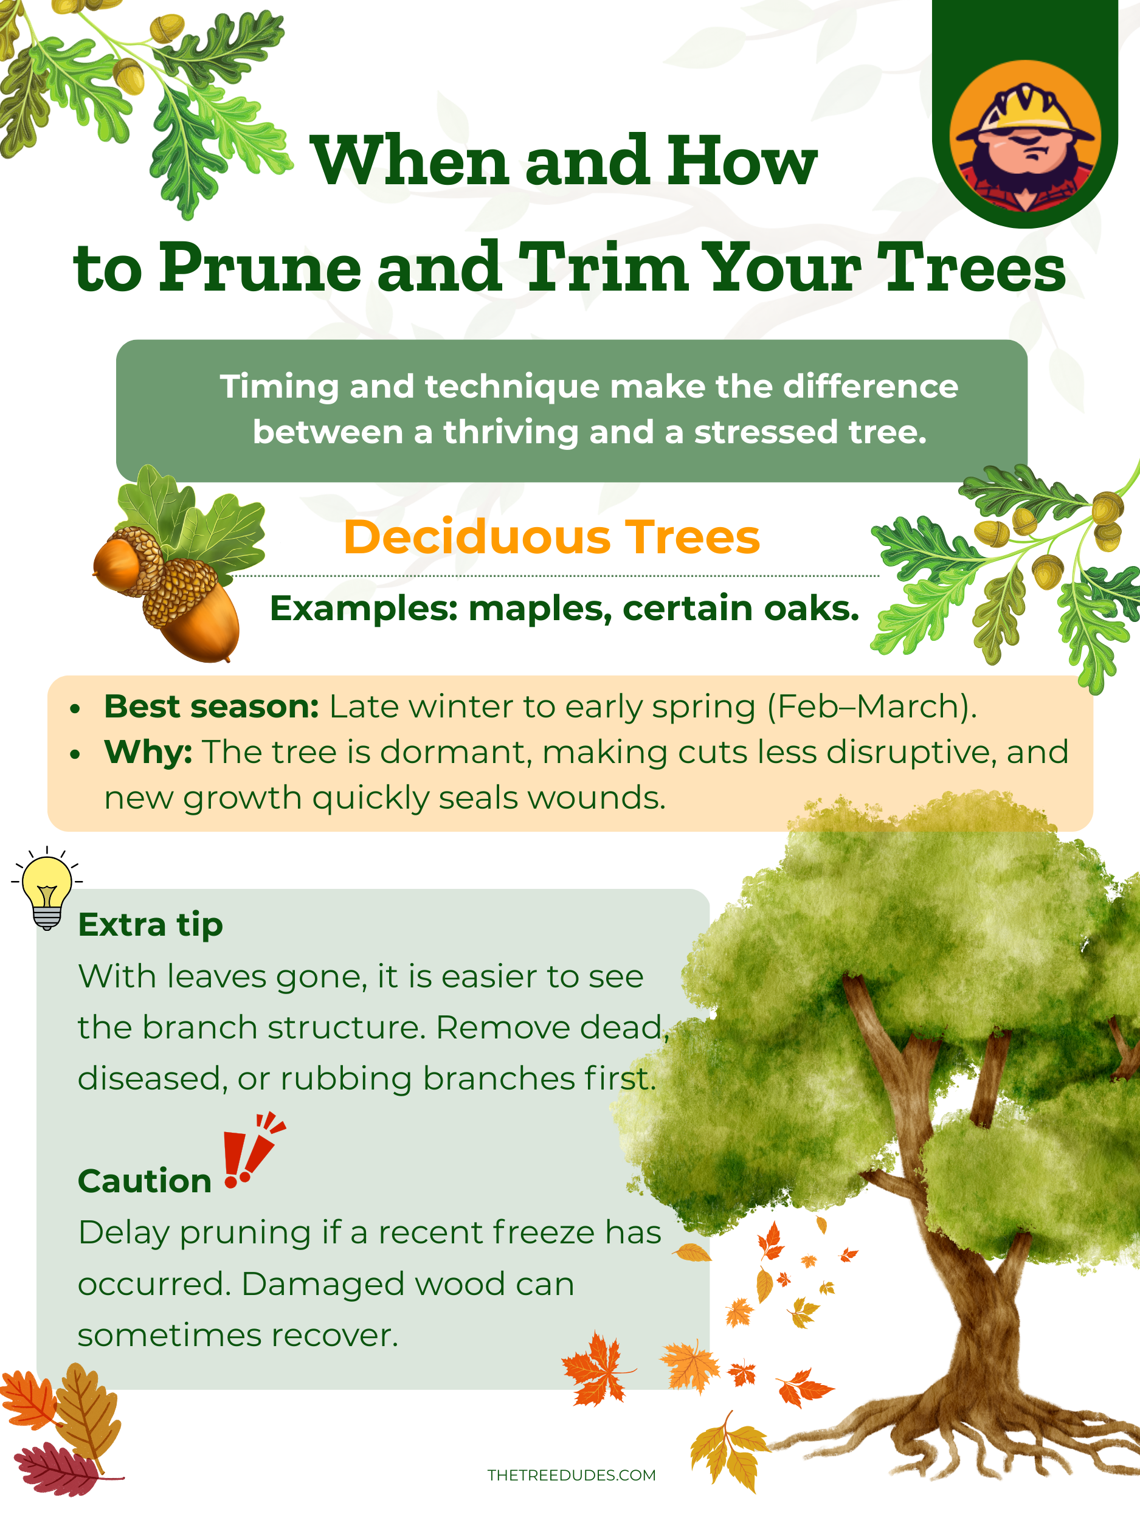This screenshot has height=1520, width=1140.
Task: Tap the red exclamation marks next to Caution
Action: click(x=253, y=1150)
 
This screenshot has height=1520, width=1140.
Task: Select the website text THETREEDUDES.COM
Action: click(x=572, y=1474)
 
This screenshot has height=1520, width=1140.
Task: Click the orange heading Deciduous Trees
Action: click(x=552, y=537)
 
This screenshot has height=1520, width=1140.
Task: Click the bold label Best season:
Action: click(x=212, y=706)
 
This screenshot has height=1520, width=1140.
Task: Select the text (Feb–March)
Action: click(x=871, y=707)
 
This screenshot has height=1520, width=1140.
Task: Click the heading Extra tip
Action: click(x=151, y=925)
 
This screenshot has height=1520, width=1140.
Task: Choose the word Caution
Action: click(x=144, y=1181)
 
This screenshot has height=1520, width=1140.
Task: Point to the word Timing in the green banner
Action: click(x=279, y=387)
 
